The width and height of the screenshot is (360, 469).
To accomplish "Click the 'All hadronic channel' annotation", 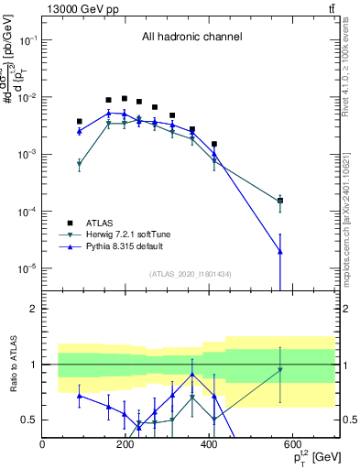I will pos(191,38).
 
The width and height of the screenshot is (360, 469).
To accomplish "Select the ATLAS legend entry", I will pos(100,223).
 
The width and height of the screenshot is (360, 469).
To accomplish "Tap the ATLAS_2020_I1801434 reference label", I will pos(191,274).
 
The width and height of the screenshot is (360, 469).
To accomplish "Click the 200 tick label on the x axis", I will pos(125,445).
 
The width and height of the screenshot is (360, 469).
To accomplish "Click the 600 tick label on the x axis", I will pos(292,445).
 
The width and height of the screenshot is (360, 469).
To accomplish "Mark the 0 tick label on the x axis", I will pos(42,445).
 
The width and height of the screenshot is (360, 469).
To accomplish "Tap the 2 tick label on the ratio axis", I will pos(33,309).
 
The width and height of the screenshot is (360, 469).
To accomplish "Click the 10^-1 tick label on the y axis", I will pos(26,41).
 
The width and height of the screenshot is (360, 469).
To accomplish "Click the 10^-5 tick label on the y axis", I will pos(26,268).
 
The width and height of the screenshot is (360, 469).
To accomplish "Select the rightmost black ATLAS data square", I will pos(280,201).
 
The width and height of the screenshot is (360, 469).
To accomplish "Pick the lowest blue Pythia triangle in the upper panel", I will pos(280,252).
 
